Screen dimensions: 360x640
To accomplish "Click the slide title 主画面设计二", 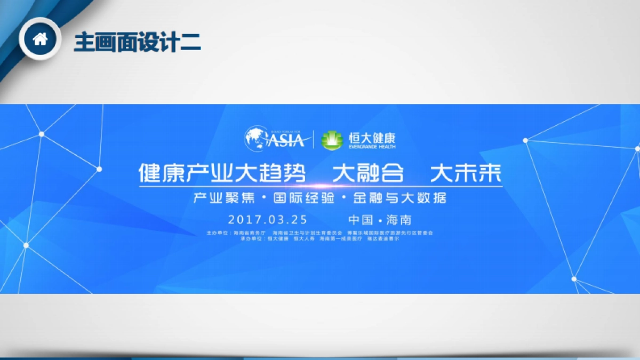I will (137, 42).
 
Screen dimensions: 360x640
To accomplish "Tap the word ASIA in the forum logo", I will (286, 140).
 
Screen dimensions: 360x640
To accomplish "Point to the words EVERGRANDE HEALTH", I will (372, 146).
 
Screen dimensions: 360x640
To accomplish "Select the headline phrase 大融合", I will (368, 173).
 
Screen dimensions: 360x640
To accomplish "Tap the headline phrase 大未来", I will (466, 173).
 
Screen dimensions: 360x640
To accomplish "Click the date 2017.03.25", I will (268, 220).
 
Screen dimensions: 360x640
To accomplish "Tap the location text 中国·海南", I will (380, 220).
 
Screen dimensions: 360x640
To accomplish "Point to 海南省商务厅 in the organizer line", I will (249, 233).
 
